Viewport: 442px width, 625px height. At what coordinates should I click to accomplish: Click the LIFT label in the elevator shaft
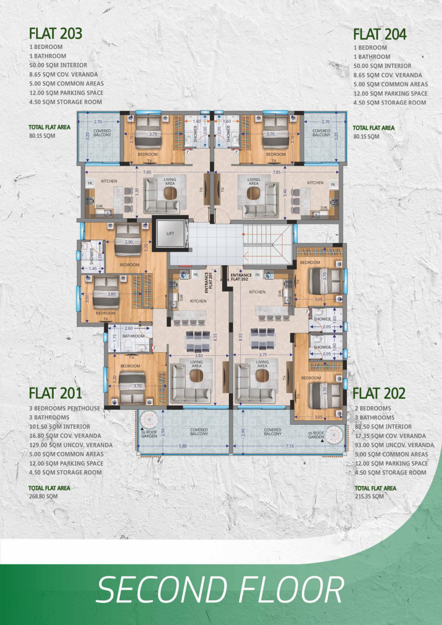click(170, 234)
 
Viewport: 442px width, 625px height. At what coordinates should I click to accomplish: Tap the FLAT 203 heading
click(56, 34)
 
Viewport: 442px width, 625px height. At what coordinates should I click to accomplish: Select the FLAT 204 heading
click(380, 35)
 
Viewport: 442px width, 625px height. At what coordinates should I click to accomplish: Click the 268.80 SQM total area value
click(43, 496)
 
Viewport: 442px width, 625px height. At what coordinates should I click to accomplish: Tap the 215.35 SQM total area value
click(369, 496)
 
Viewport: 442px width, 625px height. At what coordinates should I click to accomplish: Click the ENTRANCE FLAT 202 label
click(241, 277)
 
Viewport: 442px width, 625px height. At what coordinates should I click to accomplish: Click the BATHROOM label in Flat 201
click(133, 336)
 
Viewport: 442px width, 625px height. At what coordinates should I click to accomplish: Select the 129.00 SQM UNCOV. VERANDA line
click(71, 445)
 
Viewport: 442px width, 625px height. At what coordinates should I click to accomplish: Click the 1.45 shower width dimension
click(93, 268)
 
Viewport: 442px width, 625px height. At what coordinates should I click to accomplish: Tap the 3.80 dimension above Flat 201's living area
click(199, 355)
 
